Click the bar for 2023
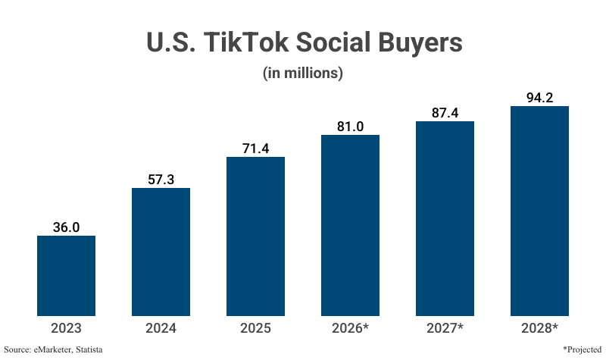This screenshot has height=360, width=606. point(67,276)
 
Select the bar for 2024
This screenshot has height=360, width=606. point(161,252)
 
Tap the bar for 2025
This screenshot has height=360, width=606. point(256,236)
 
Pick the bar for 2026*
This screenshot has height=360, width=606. point(350,225)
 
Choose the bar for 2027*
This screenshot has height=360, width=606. point(445,218)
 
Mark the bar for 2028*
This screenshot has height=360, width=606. point(539,211)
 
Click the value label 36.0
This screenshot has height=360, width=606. point(67,227)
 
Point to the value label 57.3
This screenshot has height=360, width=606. point(161,179)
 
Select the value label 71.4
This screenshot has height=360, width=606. point(256,148)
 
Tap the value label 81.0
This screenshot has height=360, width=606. point(350,126)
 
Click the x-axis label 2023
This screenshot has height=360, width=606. point(67,328)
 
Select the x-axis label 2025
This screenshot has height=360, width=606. point(256,328)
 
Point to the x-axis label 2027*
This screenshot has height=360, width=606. point(445,328)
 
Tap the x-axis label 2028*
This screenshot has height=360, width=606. point(539,328)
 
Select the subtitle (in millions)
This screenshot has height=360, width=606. point(303,74)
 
